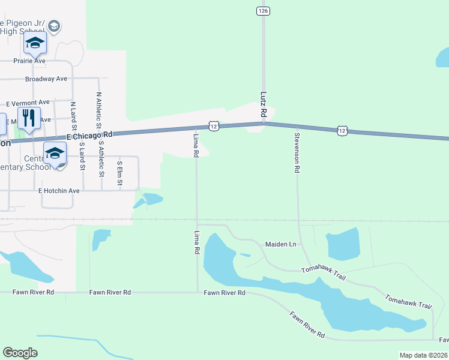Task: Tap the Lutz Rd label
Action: tap(263, 104)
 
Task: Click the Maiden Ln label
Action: tap(281, 244)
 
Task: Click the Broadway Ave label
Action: tap(46, 79)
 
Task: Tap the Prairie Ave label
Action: tap(29, 61)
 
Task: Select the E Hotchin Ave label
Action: tap(59, 191)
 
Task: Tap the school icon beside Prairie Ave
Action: tap(35, 43)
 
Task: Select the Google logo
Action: tap(20, 353)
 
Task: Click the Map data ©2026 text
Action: tap(423, 355)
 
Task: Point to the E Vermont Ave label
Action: tap(28, 103)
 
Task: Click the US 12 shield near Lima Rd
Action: tap(213, 125)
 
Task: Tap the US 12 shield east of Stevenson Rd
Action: tap(342, 130)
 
